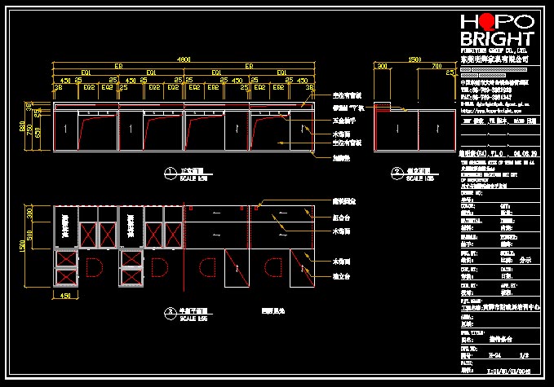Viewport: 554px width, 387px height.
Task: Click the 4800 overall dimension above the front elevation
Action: (x=184, y=59)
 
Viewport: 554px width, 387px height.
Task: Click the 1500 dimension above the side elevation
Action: (x=414, y=59)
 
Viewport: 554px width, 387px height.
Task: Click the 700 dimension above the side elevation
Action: (x=437, y=66)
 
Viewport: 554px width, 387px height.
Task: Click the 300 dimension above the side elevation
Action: (x=381, y=66)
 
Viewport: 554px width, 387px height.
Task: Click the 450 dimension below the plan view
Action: (x=67, y=297)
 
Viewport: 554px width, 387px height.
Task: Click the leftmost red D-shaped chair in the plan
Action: (x=92, y=268)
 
